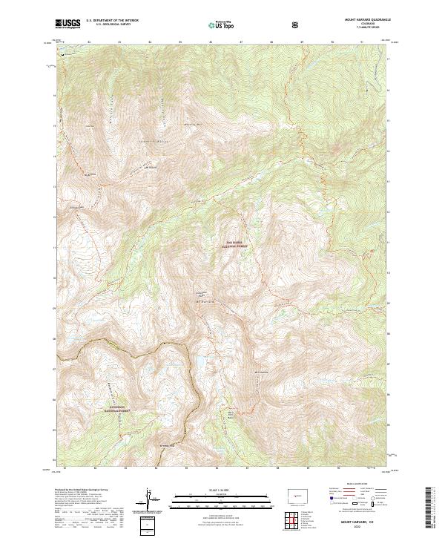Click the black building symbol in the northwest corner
(63, 54)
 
